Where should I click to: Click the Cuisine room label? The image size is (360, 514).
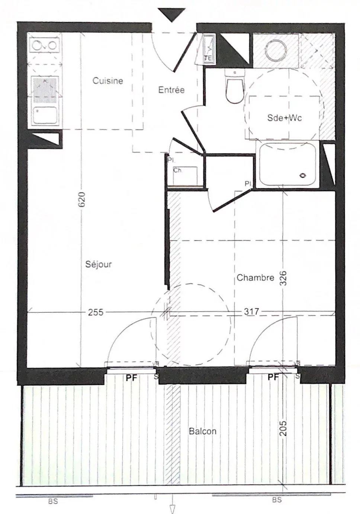[x=108, y=81]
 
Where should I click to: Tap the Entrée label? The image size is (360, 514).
[x=171, y=90]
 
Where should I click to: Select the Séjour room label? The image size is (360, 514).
[x=99, y=264]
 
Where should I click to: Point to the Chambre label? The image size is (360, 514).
[x=255, y=278]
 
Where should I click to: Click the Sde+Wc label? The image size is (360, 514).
[x=285, y=118]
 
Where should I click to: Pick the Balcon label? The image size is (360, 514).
[x=203, y=431]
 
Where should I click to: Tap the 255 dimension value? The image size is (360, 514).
[x=96, y=312]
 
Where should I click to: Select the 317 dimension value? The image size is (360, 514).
[x=251, y=312]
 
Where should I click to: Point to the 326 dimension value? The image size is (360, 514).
[x=284, y=278]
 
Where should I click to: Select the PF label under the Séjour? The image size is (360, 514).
[x=131, y=378]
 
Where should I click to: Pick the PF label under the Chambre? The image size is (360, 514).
[x=273, y=377]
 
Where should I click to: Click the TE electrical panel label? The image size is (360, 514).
[x=208, y=58]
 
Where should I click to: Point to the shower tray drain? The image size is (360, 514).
[x=303, y=175]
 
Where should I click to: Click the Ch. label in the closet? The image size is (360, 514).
[x=178, y=170]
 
